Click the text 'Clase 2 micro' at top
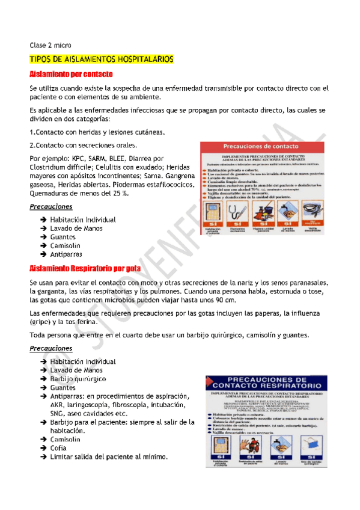(x=50, y=45)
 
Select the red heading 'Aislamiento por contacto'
(x=72, y=75)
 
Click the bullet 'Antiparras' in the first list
(x=67, y=254)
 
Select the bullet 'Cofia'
(x=59, y=448)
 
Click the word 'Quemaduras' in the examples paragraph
(x=52, y=193)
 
